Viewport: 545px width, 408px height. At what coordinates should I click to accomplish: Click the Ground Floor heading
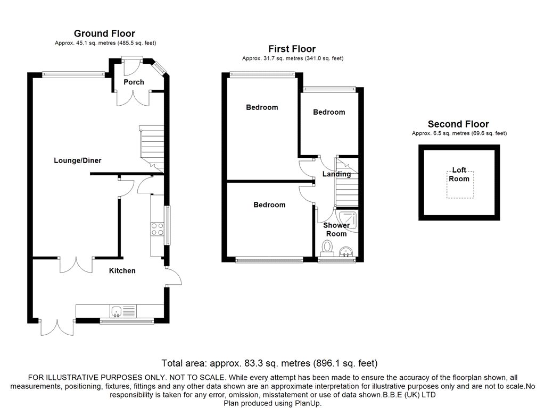pyautogui.click(x=104, y=33)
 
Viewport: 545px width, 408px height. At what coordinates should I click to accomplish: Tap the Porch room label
pyautogui.click(x=134, y=82)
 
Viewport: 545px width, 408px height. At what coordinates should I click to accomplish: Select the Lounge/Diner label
pyautogui.click(x=78, y=160)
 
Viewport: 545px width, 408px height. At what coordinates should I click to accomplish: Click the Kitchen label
pyautogui.click(x=122, y=270)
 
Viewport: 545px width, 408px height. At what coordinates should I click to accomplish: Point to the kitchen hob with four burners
pyautogui.click(x=158, y=229)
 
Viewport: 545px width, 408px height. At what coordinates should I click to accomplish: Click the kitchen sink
pyautogui.click(x=117, y=311)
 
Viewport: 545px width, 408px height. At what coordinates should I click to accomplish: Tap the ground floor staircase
pyautogui.click(x=152, y=149)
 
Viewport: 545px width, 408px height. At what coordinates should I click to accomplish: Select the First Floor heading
pyautogui.click(x=292, y=49)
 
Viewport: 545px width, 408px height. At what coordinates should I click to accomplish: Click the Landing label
pyautogui.click(x=336, y=174)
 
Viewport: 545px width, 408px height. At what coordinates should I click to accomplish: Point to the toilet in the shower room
pyautogui.click(x=327, y=248)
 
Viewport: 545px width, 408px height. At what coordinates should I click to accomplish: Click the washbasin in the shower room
pyautogui.click(x=346, y=252)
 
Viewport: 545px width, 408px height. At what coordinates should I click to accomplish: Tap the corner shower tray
pyautogui.click(x=348, y=220)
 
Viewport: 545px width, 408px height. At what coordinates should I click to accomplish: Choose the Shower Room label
pyautogui.click(x=336, y=229)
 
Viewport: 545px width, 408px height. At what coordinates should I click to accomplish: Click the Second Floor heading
pyautogui.click(x=458, y=124)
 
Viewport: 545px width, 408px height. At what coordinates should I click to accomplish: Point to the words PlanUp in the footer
pyautogui.click(x=308, y=403)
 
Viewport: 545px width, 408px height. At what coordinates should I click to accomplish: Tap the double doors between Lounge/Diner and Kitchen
pyautogui.click(x=76, y=265)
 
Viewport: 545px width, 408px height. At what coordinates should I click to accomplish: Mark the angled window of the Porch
pyautogui.click(x=160, y=68)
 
